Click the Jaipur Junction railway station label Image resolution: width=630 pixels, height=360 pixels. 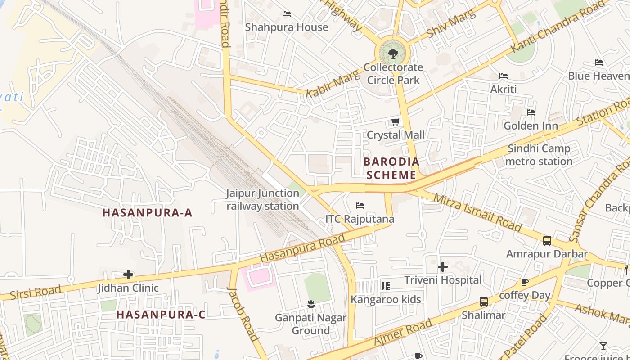[263, 200]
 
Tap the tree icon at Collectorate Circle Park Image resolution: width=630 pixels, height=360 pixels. [393, 54]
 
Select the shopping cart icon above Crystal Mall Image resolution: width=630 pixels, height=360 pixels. [396, 121]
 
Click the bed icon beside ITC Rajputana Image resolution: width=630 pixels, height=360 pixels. [360, 206]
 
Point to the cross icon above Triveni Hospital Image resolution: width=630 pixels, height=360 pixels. [443, 267]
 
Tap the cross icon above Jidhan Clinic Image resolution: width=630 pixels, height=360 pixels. [128, 274]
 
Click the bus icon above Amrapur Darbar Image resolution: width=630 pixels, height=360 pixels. [547, 241]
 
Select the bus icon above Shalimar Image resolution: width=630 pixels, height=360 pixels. [484, 302]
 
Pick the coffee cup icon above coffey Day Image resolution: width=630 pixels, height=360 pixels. [524, 282]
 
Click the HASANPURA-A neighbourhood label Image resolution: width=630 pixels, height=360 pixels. [147, 213]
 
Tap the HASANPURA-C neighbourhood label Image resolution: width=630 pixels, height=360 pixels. [161, 315]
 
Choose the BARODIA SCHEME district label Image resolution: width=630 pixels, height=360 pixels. [391, 168]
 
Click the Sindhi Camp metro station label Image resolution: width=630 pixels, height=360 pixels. [539, 155]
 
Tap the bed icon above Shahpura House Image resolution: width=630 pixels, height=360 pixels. [287, 14]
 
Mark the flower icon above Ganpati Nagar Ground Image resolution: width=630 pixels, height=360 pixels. [310, 305]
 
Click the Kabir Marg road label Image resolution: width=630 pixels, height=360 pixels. [333, 84]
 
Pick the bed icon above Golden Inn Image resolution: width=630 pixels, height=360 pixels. [531, 112]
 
